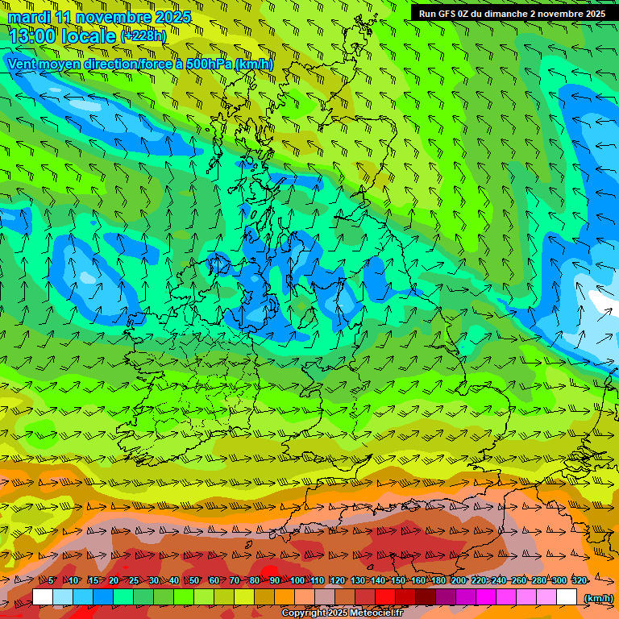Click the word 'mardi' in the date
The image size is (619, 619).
29,17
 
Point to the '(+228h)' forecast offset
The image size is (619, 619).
143,35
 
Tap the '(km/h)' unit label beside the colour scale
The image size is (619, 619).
597,598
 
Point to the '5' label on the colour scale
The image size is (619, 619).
52,580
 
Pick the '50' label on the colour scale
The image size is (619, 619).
193,580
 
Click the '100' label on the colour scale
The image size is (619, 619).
297,580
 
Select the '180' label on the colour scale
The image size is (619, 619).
438,580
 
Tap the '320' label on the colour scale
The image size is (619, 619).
579,580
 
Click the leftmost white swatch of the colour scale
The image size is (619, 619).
42,597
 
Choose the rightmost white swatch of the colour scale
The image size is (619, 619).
567,597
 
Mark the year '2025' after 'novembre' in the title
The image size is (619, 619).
172,17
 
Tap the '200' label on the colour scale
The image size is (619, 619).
458,580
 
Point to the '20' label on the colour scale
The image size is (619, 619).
113,580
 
